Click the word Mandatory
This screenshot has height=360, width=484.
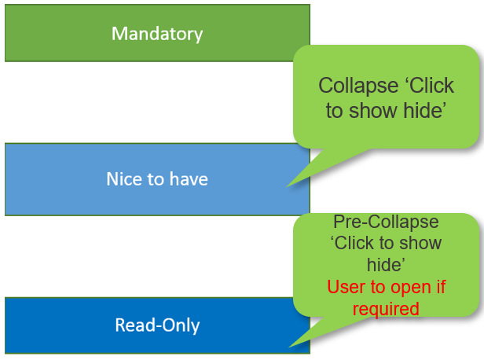tap(157, 34)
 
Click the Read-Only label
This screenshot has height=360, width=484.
tap(157, 325)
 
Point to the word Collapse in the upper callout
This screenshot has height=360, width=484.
tap(358, 86)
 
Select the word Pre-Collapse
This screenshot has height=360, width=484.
tap(386, 222)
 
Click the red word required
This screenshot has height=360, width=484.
tap(386, 309)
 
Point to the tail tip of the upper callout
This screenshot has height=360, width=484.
tap(287, 187)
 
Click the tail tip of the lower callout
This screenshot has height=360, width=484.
tap(288, 347)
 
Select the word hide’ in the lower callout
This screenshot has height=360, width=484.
tap(386, 265)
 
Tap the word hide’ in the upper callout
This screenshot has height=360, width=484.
tap(425, 111)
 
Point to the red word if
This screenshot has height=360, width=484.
tap(441, 287)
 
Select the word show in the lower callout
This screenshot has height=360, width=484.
tap(420, 243)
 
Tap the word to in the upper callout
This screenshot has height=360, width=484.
tap(334, 111)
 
